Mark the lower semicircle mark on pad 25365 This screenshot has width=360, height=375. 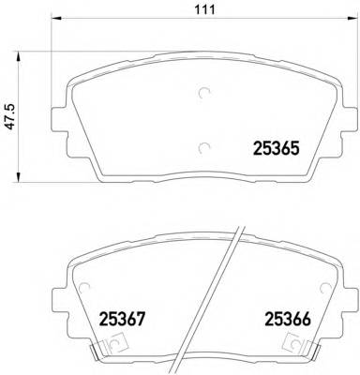coord(204,145)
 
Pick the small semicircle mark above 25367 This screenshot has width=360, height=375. coord(86,288)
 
